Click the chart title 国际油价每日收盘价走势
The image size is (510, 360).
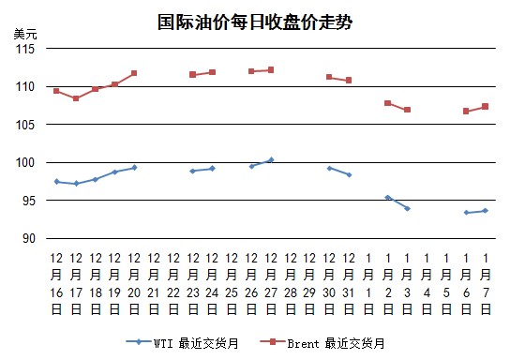click(x=255, y=22)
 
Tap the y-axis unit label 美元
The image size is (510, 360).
click(x=25, y=34)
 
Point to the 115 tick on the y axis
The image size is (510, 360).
click(x=25, y=49)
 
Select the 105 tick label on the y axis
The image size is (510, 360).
click(x=25, y=125)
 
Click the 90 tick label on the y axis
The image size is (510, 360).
click(x=29, y=238)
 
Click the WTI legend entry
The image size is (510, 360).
click(x=183, y=343)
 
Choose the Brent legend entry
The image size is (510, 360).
click(x=322, y=343)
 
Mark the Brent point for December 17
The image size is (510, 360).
click(x=76, y=98)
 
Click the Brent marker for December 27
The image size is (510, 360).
click(x=271, y=70)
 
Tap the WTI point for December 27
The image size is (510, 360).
click(x=271, y=159)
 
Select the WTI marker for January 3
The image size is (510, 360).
click(x=407, y=208)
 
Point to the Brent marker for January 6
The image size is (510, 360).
click(x=466, y=112)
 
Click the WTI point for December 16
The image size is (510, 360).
click(x=56, y=182)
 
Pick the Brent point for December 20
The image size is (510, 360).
click(x=134, y=73)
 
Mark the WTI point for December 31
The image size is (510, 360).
click(x=349, y=175)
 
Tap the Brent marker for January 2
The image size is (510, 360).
click(x=388, y=103)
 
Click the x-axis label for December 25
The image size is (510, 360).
click(x=232, y=283)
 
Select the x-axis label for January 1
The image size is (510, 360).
click(x=368, y=283)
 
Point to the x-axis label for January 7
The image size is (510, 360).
click(x=486, y=283)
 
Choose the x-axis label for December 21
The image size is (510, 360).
click(x=154, y=283)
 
